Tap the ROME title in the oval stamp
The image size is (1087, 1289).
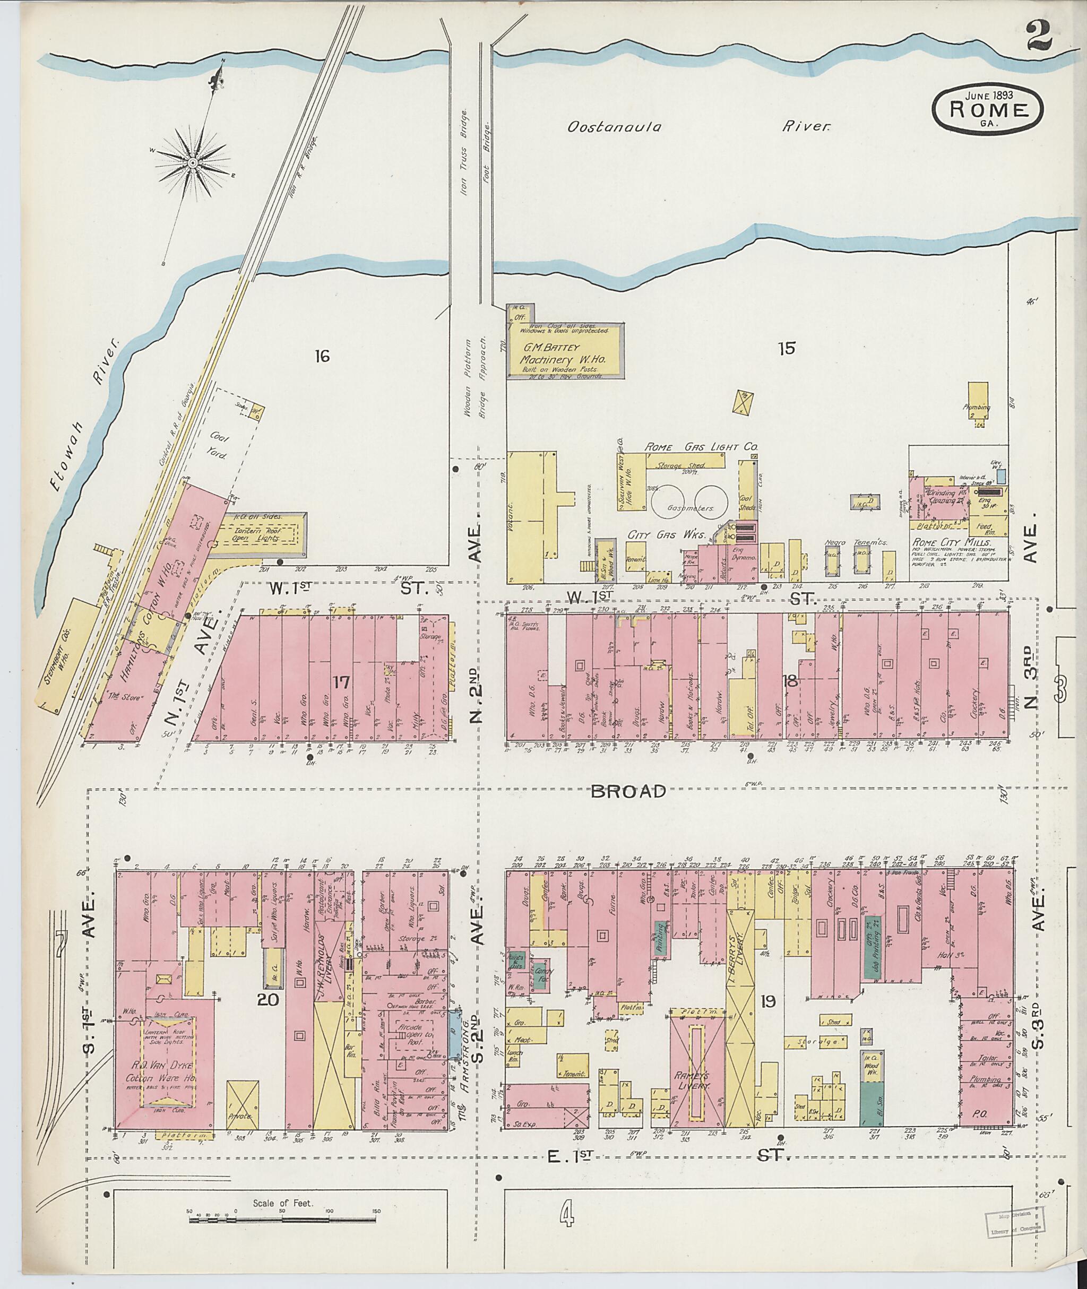(989, 110)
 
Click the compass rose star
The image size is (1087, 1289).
(193, 163)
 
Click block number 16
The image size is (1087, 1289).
(322, 356)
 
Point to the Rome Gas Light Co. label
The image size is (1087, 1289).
(701, 447)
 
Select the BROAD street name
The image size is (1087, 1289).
(628, 792)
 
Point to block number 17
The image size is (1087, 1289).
(341, 682)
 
